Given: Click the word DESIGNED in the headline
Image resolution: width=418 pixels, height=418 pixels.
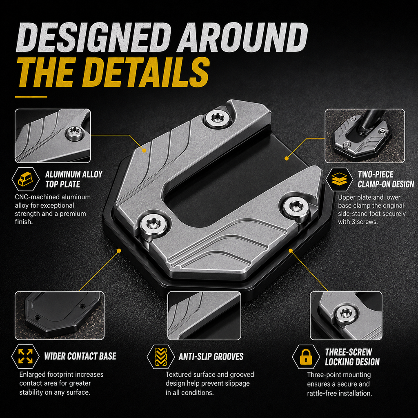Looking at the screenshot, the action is click(93, 38).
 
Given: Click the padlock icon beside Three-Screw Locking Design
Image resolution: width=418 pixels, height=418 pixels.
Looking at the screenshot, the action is click(306, 357).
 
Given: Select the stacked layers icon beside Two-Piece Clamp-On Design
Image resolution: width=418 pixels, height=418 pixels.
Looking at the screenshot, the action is click(339, 179).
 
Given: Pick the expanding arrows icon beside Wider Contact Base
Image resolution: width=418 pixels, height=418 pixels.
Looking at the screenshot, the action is click(25, 356).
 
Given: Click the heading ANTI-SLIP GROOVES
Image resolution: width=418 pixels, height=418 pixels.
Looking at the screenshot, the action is click(211, 356).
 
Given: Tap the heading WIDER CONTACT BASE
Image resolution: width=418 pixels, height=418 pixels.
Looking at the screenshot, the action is click(80, 356).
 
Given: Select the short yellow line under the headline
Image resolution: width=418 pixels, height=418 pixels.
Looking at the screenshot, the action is click(31, 97).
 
